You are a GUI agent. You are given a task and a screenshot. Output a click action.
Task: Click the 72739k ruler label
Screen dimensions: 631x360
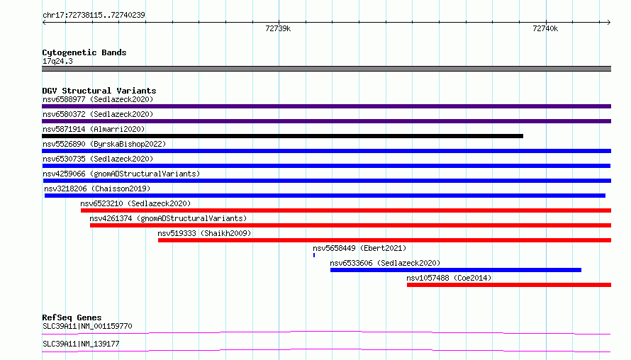pos(278,28)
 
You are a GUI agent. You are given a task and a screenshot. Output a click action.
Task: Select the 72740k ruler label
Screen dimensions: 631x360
pos(545,28)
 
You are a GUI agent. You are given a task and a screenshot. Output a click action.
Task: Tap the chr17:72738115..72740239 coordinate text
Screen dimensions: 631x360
pos(94,15)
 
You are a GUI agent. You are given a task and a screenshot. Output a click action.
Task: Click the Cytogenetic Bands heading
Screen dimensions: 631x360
pos(84,52)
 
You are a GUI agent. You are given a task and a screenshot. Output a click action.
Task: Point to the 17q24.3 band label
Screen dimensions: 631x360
pos(57,61)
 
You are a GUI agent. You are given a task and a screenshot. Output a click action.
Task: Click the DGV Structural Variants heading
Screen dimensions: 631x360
pos(99,91)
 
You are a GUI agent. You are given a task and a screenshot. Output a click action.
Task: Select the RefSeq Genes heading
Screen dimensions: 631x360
pos(72,317)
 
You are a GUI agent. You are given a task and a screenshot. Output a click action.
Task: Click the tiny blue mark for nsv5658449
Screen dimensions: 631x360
pos(314,255)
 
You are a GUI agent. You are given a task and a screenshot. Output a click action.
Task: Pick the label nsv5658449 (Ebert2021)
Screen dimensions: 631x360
pos(359,248)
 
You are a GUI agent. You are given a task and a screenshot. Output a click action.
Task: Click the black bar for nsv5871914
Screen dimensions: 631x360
pos(282,136)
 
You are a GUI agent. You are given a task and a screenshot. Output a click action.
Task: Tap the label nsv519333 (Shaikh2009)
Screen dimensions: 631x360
pos(204,233)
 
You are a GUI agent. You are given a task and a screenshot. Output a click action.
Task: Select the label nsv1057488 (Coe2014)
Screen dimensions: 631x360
pos(449,278)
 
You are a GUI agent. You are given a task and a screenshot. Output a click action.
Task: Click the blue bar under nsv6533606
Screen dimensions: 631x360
pos(456,270)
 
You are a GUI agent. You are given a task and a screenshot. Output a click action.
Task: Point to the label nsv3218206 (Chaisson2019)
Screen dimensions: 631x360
pos(97,189)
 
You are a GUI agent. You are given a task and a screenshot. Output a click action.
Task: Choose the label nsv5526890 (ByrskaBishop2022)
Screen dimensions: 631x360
pos(104,144)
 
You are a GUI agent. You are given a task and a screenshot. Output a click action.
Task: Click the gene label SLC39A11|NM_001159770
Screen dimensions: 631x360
pos(87,326)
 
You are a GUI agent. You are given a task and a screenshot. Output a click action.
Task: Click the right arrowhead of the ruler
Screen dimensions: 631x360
pos(609,23)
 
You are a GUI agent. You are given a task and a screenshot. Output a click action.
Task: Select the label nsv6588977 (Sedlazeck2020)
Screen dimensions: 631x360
pos(98,99)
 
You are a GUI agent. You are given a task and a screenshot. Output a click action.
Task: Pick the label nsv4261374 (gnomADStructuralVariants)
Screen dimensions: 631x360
pos(168,218)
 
